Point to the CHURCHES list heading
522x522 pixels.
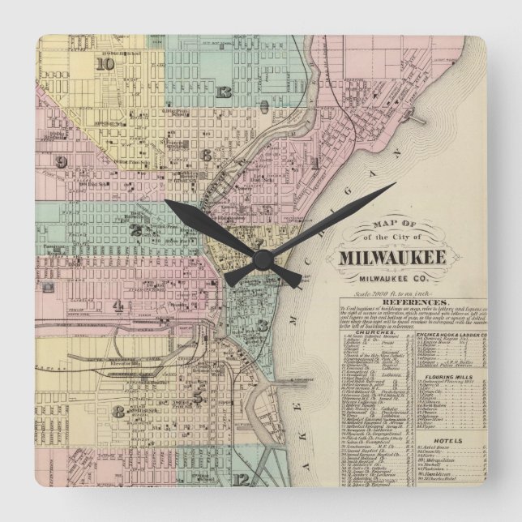(x=379, y=332)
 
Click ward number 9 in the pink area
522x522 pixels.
(x=61, y=160)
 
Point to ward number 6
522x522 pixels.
(x=207, y=154)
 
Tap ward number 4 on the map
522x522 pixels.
(x=118, y=306)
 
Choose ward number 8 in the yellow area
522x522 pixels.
(x=118, y=411)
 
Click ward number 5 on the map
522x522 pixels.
(x=198, y=396)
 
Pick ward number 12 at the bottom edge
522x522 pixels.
(x=244, y=480)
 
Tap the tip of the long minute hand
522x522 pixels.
(x=395, y=185)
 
